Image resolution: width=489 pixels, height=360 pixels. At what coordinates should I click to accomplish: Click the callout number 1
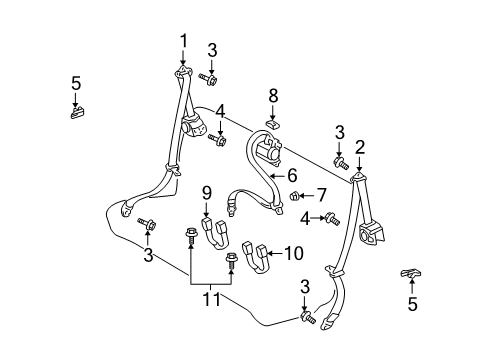tap(183, 40)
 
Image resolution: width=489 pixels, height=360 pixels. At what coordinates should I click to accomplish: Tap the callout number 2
tap(358, 147)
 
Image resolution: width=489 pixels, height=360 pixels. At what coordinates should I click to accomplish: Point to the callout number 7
tap(322, 193)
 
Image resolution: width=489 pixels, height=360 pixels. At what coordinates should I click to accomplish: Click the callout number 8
tap(273, 95)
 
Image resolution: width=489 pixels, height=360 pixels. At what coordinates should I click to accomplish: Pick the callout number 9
tap(206, 191)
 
